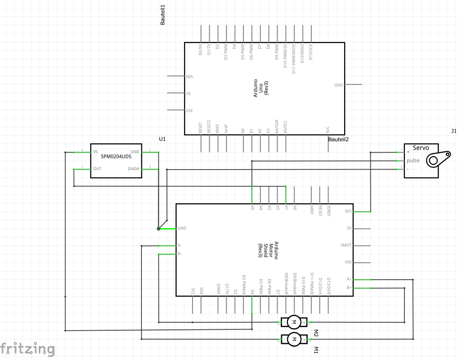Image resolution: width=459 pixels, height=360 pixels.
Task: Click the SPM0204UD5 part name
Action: tap(116, 157)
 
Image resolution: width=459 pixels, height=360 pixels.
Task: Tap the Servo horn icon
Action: tap(437, 159)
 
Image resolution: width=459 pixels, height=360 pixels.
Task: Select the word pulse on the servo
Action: tap(413, 160)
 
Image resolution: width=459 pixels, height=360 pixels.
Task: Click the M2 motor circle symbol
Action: tap(293, 321)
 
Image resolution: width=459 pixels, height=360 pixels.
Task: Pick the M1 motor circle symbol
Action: tap(293, 340)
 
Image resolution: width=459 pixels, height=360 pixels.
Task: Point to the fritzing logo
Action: tap(27, 348)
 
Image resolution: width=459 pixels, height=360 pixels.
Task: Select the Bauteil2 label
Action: tap(338, 139)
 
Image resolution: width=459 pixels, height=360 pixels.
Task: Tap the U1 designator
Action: tap(162, 139)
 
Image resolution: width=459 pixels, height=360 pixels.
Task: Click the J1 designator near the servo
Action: tap(453, 131)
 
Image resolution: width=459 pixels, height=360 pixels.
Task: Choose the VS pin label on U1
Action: tap(95, 152)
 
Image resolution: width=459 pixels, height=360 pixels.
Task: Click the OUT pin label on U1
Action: tap(97, 169)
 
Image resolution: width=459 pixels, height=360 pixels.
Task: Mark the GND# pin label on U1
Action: tap(133, 169)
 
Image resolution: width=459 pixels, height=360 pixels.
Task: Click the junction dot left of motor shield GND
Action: tap(158, 229)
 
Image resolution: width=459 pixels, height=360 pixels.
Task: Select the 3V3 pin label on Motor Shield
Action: tap(348, 212)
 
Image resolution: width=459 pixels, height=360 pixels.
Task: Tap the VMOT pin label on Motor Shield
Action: tap(346, 245)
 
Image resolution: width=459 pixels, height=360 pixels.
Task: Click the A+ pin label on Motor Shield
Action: tap(349, 279)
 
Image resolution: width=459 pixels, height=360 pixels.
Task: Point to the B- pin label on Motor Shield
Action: tap(179, 254)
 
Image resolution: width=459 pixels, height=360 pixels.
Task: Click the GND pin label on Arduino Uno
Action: tap(338, 85)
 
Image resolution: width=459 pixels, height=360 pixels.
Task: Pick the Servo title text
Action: tap(421, 147)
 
